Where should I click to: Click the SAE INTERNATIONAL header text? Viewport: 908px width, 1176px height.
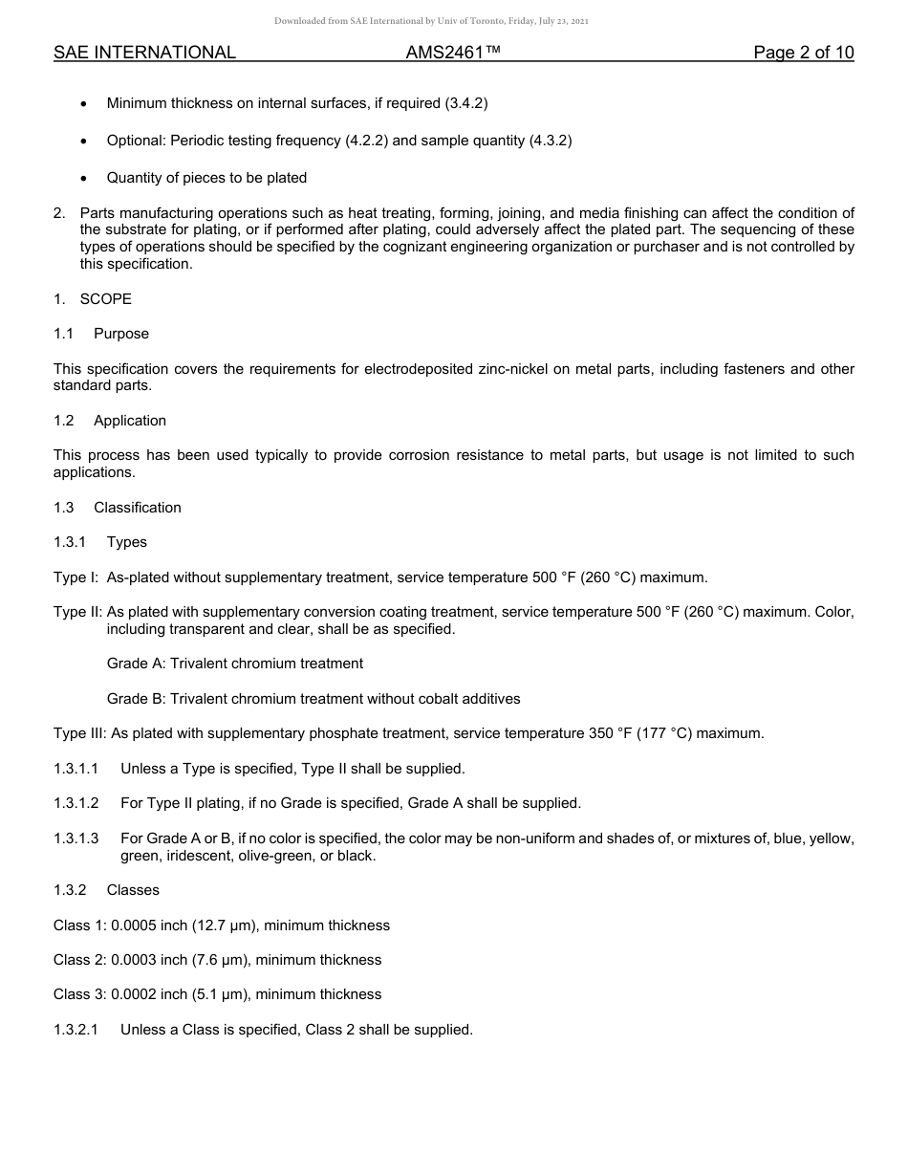pos(144,53)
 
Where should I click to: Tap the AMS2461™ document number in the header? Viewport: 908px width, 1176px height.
pos(453,53)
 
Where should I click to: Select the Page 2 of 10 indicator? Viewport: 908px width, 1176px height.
pos(803,53)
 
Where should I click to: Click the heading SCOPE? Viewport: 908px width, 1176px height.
pos(105,299)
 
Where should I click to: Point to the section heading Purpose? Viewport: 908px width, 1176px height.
pos(121,334)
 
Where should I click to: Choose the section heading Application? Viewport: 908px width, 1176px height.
pos(130,421)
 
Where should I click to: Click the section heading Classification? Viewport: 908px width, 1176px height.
pos(137,508)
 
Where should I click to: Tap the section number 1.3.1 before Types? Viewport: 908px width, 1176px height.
pos(70,542)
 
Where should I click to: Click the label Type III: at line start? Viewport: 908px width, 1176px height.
pos(80,733)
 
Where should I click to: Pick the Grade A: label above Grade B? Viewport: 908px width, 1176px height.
pos(136,664)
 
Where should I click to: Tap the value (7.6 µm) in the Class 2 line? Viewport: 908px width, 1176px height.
pos(219,960)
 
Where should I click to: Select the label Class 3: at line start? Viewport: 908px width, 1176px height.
pos(79,994)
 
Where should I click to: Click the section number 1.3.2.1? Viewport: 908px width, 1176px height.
pos(76,1030)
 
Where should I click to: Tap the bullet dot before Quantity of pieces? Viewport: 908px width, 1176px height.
pos(85,178)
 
